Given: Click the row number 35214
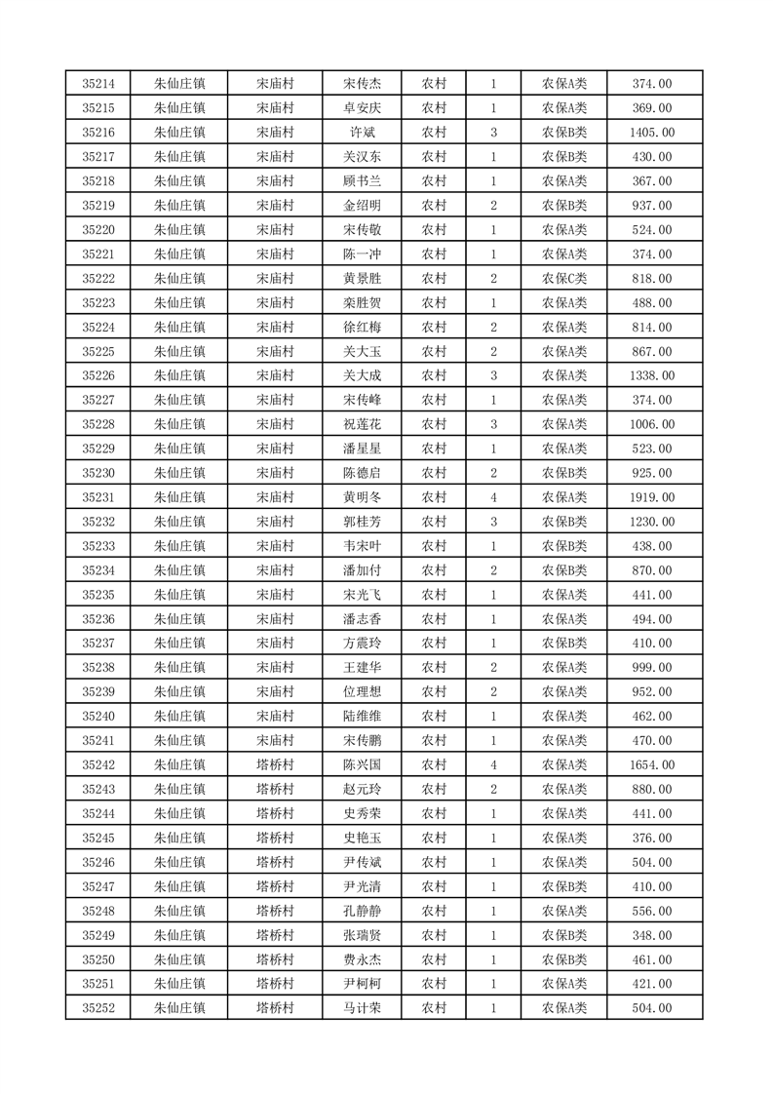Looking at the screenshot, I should click(98, 84).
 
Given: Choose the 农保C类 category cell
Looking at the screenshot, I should click(563, 278).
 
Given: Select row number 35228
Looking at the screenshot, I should click(98, 424).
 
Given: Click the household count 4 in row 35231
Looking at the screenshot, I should click(494, 497).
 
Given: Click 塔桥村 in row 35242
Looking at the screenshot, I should click(275, 764).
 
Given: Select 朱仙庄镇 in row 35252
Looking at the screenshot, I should click(179, 1008).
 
